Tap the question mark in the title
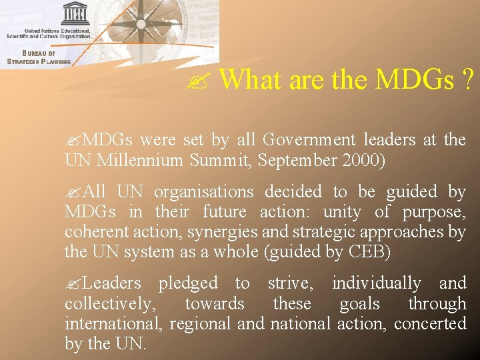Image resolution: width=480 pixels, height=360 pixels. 467,79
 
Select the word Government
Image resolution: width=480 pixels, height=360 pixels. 309,140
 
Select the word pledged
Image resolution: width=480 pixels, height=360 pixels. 188,283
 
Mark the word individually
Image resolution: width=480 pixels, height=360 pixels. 377,283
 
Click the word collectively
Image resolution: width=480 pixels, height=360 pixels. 109,304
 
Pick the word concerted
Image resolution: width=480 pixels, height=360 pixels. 430,324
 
